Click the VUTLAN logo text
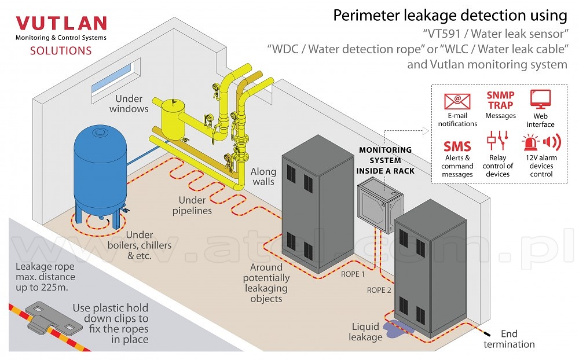[61, 24]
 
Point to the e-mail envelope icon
[457, 101]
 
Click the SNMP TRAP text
[500, 100]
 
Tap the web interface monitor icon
[540, 100]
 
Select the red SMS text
[457, 146]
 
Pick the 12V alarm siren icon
[541, 142]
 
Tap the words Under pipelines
[192, 205]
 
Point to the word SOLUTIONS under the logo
[61, 51]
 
